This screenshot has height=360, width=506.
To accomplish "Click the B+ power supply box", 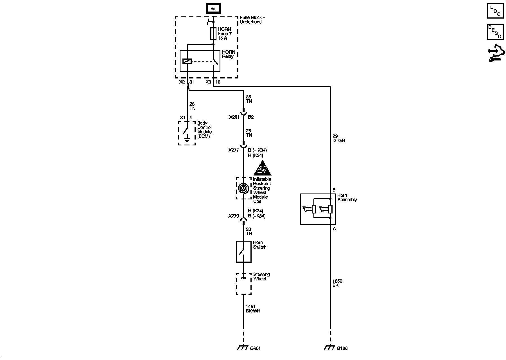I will click(213, 9).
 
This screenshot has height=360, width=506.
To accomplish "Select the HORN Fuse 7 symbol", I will click(213, 33).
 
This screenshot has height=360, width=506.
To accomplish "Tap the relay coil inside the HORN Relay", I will click(187, 61).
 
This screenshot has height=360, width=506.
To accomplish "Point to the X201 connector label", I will click(234, 117).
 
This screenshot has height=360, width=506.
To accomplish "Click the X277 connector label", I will click(234, 150).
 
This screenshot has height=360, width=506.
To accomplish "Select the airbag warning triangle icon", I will click(262, 168).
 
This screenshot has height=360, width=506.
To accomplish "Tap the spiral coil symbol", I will click(243, 188).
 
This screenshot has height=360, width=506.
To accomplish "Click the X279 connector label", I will click(234, 216).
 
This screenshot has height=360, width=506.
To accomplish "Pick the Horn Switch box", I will click(243, 251).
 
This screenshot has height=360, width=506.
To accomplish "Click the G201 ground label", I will click(255, 348).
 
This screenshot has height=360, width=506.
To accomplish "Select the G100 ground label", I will click(342, 348).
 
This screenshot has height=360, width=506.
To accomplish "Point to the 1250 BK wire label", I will click(337, 283).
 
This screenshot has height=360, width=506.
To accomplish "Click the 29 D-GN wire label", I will click(338, 138).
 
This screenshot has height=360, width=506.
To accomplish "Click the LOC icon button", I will click(495, 10).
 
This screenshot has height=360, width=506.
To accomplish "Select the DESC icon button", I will click(495, 31).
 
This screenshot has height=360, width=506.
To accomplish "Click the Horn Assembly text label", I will click(347, 197).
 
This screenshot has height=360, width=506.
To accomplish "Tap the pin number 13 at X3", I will click(218, 82).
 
